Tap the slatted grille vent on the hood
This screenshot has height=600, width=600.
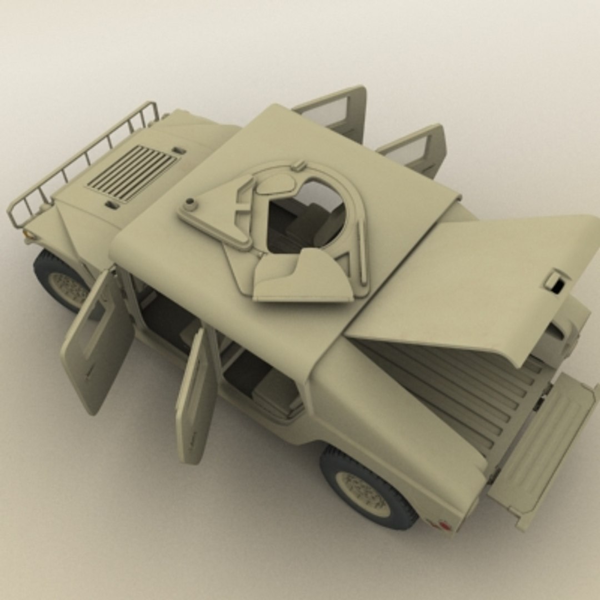[132, 173]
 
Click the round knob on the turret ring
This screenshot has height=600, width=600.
[191, 204]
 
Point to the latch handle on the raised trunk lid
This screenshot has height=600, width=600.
[555, 281]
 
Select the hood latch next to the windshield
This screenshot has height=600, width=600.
[178, 151]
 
